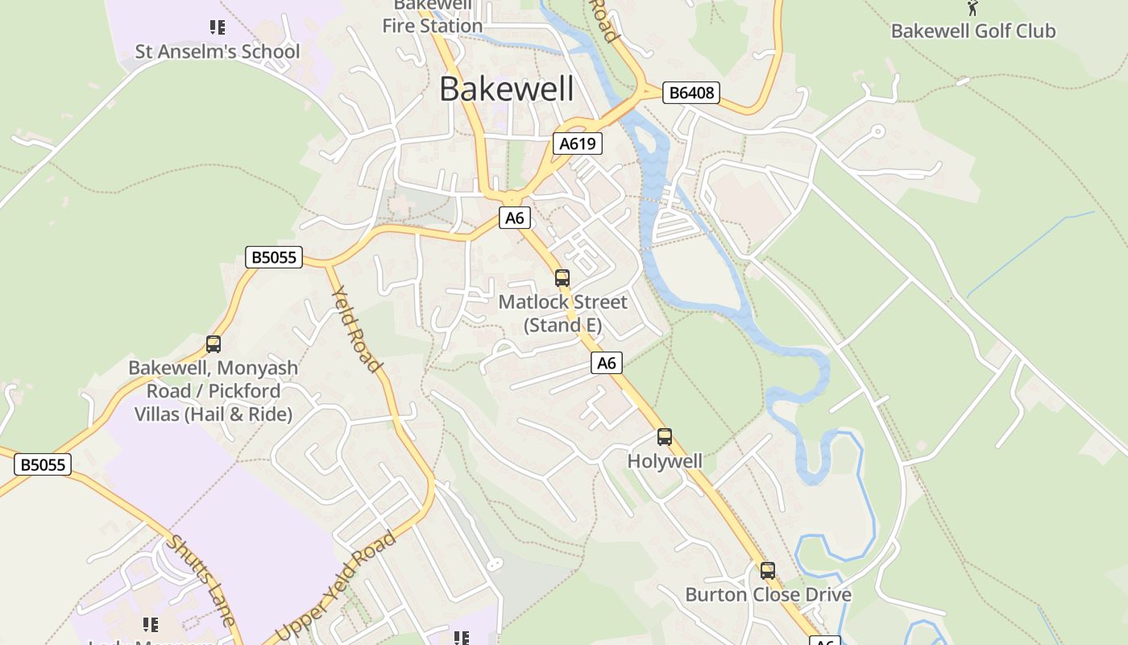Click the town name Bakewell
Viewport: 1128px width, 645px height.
(506, 89)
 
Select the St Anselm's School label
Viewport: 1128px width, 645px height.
(217, 52)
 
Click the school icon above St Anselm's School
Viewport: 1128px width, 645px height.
(217, 28)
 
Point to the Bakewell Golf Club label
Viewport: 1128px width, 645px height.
(972, 31)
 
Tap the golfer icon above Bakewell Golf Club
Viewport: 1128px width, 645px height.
(972, 8)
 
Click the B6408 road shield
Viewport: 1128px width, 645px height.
(691, 93)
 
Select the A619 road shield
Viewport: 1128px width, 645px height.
(578, 144)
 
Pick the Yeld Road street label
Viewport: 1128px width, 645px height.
(356, 329)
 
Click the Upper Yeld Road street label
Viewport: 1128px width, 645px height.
(336, 586)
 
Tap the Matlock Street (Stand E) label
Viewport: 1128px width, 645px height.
(562, 313)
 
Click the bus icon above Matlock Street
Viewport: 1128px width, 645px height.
(562, 278)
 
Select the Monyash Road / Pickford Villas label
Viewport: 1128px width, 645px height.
(213, 391)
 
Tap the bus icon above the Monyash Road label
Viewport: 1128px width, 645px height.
(213, 344)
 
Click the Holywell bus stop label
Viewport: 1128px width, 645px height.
(665, 461)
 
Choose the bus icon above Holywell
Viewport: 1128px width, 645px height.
(665, 437)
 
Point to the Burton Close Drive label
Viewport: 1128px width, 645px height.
(768, 595)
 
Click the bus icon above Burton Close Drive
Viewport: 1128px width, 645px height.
(768, 571)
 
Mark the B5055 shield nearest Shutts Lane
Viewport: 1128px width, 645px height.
(43, 464)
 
